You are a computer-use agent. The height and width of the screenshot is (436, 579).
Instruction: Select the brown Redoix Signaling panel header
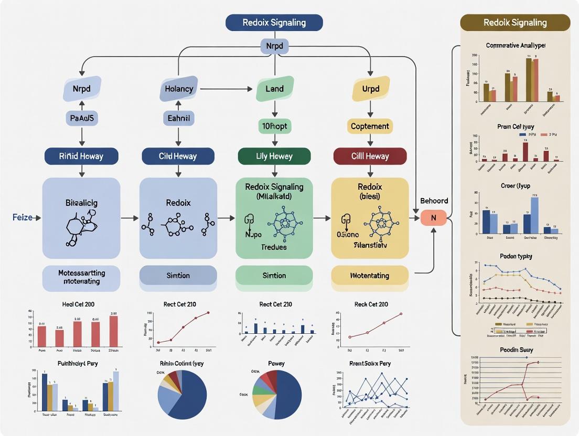tap(515, 23)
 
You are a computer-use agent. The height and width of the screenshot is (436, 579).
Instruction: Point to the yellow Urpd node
tap(370, 89)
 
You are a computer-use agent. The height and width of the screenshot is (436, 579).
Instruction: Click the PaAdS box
tap(81, 118)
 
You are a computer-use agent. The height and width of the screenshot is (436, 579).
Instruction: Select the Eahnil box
tap(178, 118)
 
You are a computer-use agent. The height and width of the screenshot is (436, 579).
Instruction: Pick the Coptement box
tap(370, 126)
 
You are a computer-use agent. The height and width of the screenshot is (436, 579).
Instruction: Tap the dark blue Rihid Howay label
tap(81, 156)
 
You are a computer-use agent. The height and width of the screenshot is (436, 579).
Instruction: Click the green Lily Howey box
tap(274, 156)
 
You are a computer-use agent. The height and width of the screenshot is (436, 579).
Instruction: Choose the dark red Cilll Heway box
tap(370, 156)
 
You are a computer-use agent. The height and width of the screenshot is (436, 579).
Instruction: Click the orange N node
tap(434, 217)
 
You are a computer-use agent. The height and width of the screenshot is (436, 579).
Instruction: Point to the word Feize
tap(23, 217)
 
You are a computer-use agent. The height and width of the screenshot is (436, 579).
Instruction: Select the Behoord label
tap(434, 201)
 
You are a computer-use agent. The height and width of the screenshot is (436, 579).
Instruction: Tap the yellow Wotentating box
tap(370, 275)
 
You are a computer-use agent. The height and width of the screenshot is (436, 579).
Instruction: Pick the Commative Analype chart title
tap(515, 46)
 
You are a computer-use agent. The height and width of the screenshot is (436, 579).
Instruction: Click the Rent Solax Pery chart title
tap(370, 363)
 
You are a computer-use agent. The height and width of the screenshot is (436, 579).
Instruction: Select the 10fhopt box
tap(274, 126)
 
